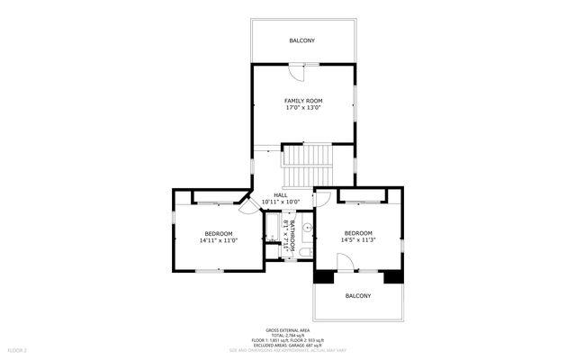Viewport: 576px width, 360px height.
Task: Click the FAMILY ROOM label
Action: click(x=303, y=100)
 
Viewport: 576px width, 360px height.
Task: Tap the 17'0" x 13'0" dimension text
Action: click(x=303, y=108)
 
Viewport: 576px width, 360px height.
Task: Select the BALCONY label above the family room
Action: click(x=301, y=41)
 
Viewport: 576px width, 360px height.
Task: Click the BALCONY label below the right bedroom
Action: click(x=357, y=296)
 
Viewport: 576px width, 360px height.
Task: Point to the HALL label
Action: click(x=280, y=194)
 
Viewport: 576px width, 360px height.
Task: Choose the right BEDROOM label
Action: click(x=357, y=233)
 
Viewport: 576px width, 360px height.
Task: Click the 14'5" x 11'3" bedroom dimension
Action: click(x=357, y=241)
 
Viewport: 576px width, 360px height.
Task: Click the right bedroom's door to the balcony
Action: click(x=345, y=262)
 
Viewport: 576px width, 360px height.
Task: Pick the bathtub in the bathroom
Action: click(x=273, y=230)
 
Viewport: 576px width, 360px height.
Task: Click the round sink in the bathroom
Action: click(x=307, y=229)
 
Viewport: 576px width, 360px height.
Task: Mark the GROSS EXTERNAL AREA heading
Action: click(x=288, y=329)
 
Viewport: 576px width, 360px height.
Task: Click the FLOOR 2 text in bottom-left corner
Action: click(x=18, y=349)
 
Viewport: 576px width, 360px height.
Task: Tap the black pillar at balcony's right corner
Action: click(x=392, y=276)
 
